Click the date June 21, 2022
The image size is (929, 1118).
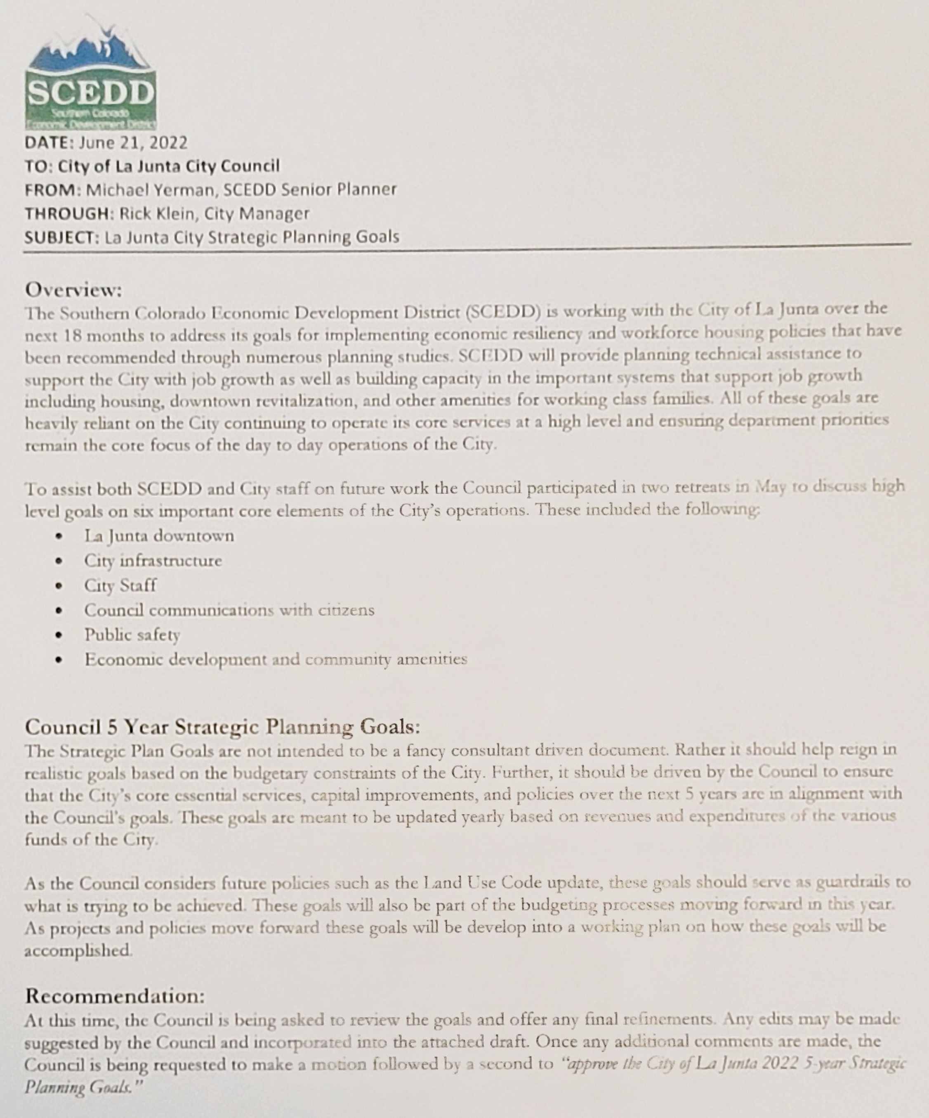click(133, 143)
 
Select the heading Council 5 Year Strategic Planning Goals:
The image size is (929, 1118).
click(223, 726)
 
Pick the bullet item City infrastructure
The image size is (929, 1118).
click(153, 560)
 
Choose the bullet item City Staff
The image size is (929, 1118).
click(120, 585)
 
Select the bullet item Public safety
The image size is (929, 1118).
click(132, 635)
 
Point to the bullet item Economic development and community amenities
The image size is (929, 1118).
click(276, 659)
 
